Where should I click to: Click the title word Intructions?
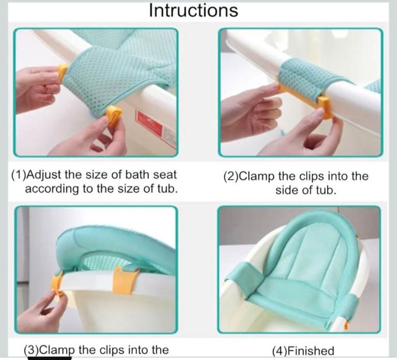tap(193, 10)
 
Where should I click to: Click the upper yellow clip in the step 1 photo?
tap(63, 73)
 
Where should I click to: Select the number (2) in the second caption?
tap(231, 176)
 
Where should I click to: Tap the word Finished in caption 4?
tap(311, 351)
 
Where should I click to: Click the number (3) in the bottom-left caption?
tap(32, 350)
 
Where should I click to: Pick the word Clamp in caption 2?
tap(257, 176)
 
